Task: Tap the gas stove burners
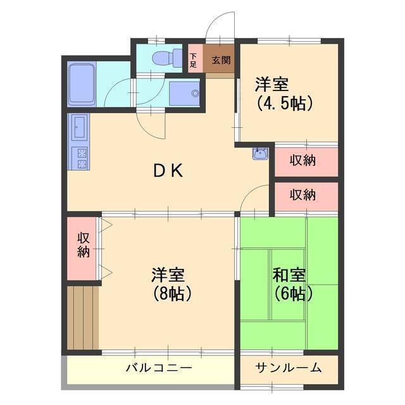(x=80, y=158)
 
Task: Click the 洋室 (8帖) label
(x=168, y=284)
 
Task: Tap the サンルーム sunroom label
(x=289, y=368)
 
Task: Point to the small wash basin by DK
(x=258, y=154)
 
